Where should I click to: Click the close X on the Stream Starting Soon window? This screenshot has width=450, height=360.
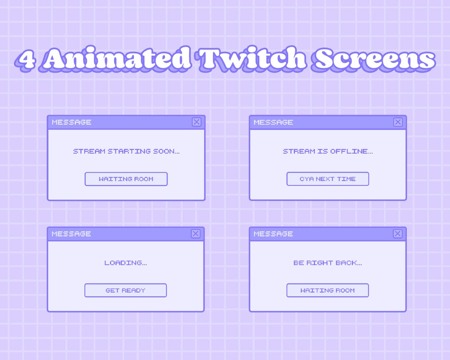click(197, 122)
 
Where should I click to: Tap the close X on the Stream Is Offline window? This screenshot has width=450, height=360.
click(398, 122)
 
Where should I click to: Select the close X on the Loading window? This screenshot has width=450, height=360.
click(196, 234)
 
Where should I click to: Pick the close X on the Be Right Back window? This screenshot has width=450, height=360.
click(398, 234)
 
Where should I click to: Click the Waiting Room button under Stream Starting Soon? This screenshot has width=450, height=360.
click(126, 179)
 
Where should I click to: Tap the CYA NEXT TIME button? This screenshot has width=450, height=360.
click(327, 179)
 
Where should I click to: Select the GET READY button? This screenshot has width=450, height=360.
click(125, 290)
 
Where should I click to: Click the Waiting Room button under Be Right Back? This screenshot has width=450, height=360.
click(327, 290)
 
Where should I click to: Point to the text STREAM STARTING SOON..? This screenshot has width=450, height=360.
click(126, 151)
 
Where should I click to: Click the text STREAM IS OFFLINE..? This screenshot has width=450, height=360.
click(328, 151)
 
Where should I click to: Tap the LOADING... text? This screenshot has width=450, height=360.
click(125, 263)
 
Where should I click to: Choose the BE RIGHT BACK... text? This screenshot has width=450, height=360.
click(327, 263)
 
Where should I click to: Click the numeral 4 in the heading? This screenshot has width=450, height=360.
click(27, 60)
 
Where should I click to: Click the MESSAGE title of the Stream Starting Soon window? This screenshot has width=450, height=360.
click(72, 122)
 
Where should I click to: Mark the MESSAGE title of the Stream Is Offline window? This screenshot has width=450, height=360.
click(273, 122)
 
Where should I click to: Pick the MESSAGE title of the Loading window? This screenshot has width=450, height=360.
click(71, 234)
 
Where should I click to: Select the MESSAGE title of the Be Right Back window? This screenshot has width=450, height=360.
click(273, 234)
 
